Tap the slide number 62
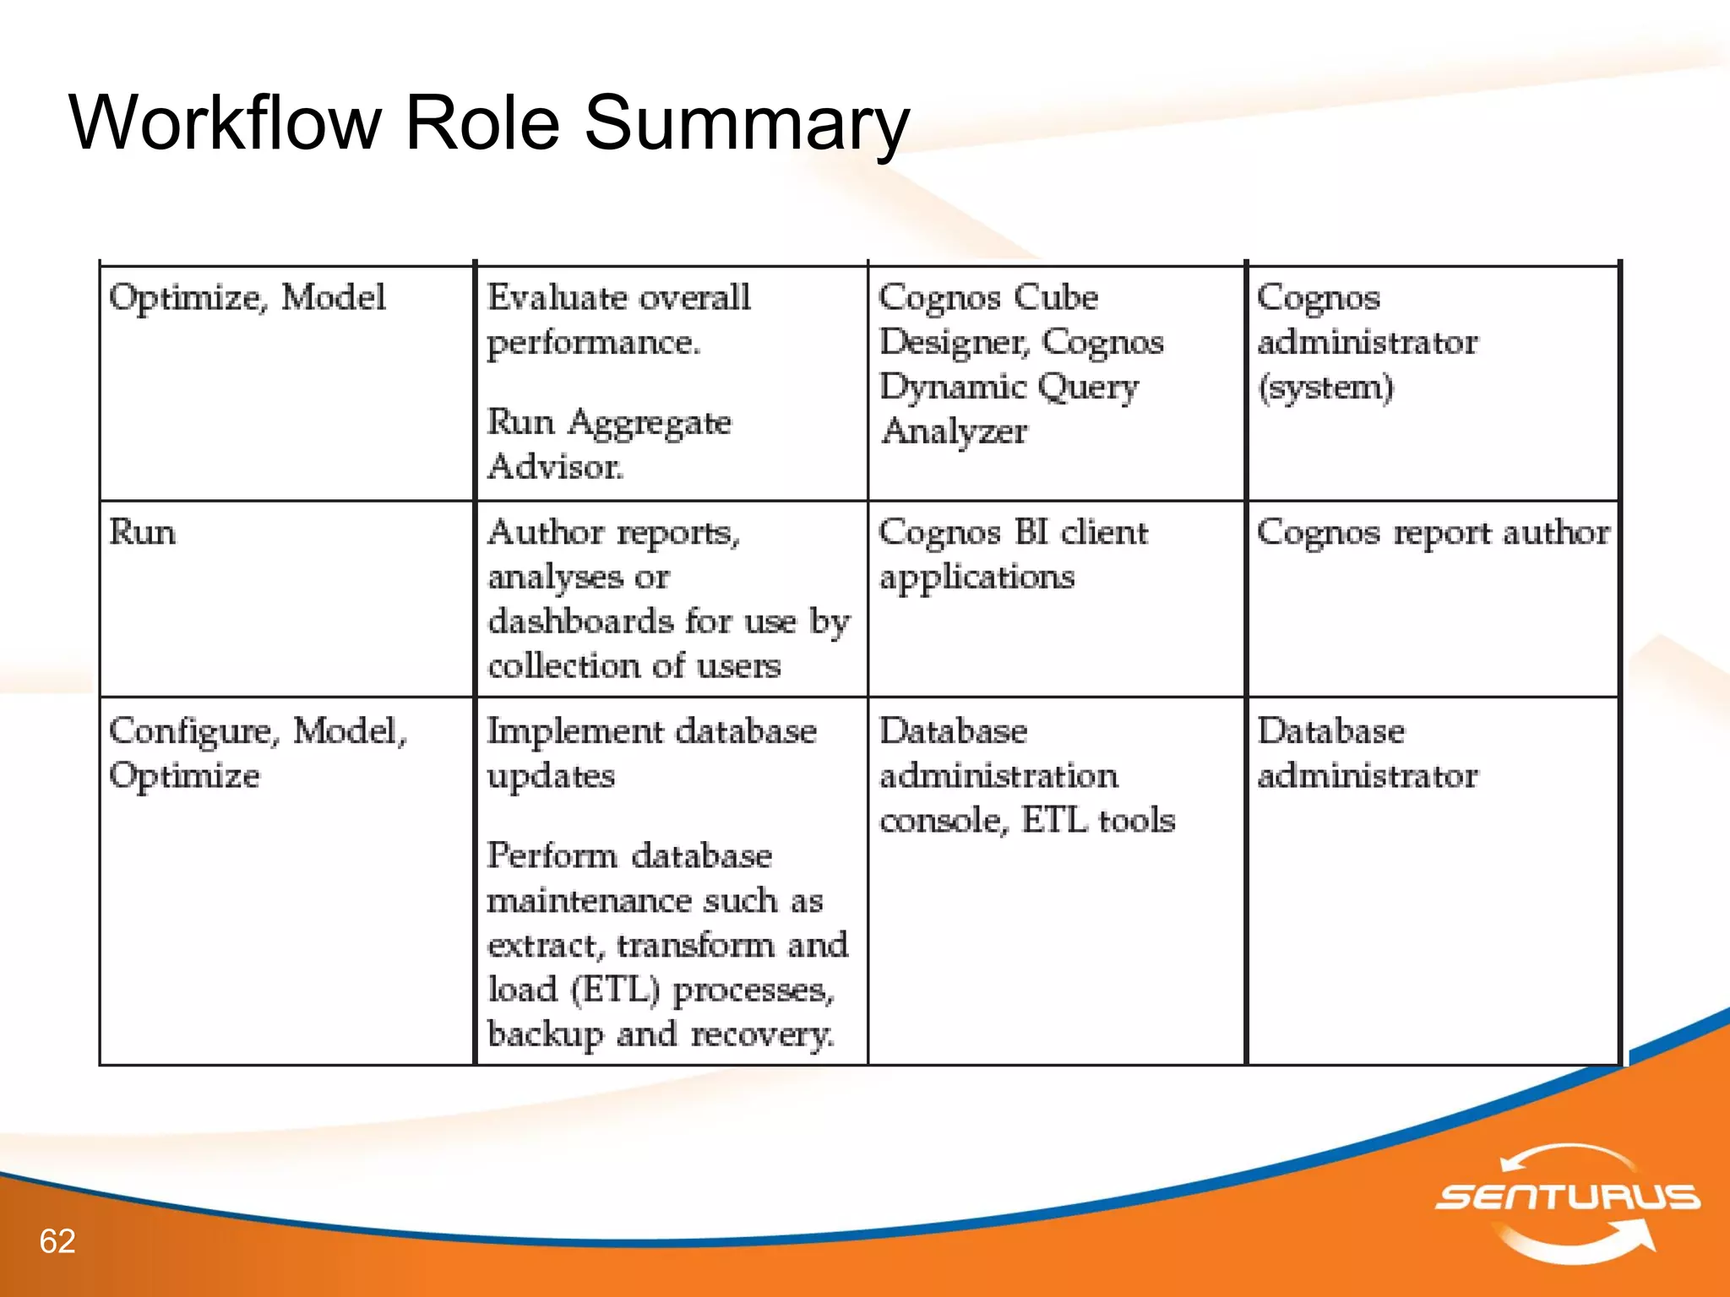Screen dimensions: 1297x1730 tap(57, 1241)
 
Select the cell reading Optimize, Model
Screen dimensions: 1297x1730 tap(248, 298)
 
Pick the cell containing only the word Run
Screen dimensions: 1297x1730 tap(143, 533)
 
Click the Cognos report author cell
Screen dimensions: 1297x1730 tap(1433, 533)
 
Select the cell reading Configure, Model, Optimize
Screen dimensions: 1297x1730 tap(258, 752)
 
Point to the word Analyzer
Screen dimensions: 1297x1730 tap(955, 431)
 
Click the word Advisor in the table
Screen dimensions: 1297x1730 tap(555, 466)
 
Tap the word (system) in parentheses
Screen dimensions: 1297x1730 tap(1325, 388)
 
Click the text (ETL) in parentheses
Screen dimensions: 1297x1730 tap(615, 990)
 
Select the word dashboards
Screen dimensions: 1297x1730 tap(581, 621)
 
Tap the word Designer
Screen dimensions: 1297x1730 tap(954, 343)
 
